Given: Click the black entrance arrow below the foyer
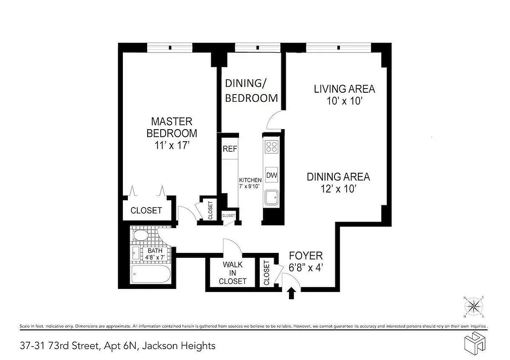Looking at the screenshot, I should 291,293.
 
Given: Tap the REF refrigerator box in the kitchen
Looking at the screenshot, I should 230,149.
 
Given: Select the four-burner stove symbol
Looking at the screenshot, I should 271,146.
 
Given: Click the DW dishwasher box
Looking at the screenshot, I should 271,175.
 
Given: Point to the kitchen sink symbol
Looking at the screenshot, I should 271,198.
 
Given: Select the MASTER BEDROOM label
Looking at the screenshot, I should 172,127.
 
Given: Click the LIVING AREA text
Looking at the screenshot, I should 344,89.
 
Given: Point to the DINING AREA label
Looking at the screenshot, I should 338,177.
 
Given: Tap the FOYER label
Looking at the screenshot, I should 306,256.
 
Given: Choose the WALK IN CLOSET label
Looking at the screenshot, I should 232,273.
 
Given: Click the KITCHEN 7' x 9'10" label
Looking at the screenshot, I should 250,183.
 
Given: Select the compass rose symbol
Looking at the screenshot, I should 474,307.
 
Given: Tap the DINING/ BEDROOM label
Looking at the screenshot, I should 251,90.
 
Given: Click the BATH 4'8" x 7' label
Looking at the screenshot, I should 156,254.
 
